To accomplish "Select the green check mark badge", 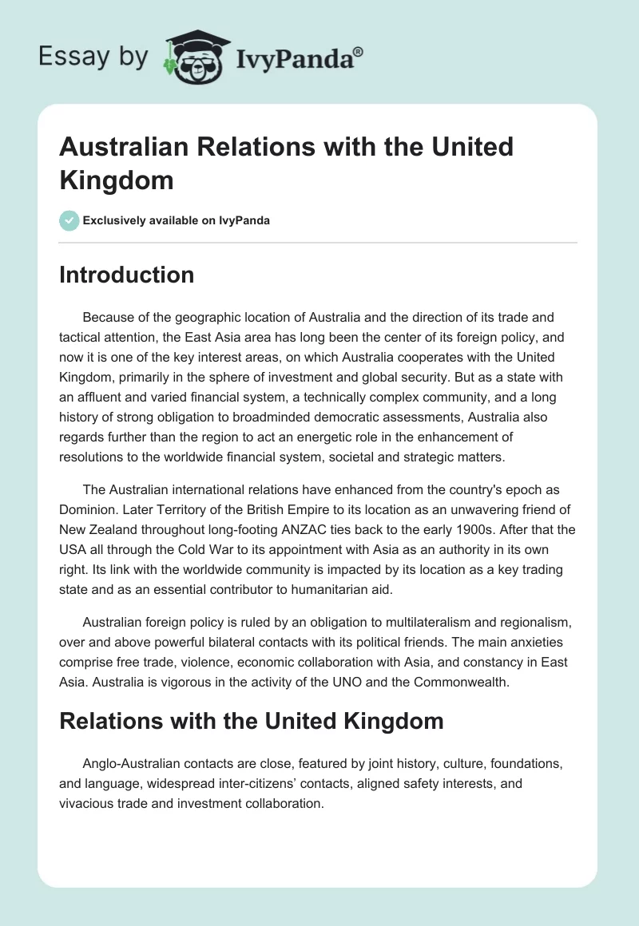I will click(69, 220).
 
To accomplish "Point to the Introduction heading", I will click(127, 275).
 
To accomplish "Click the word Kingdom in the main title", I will click(116, 180).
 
